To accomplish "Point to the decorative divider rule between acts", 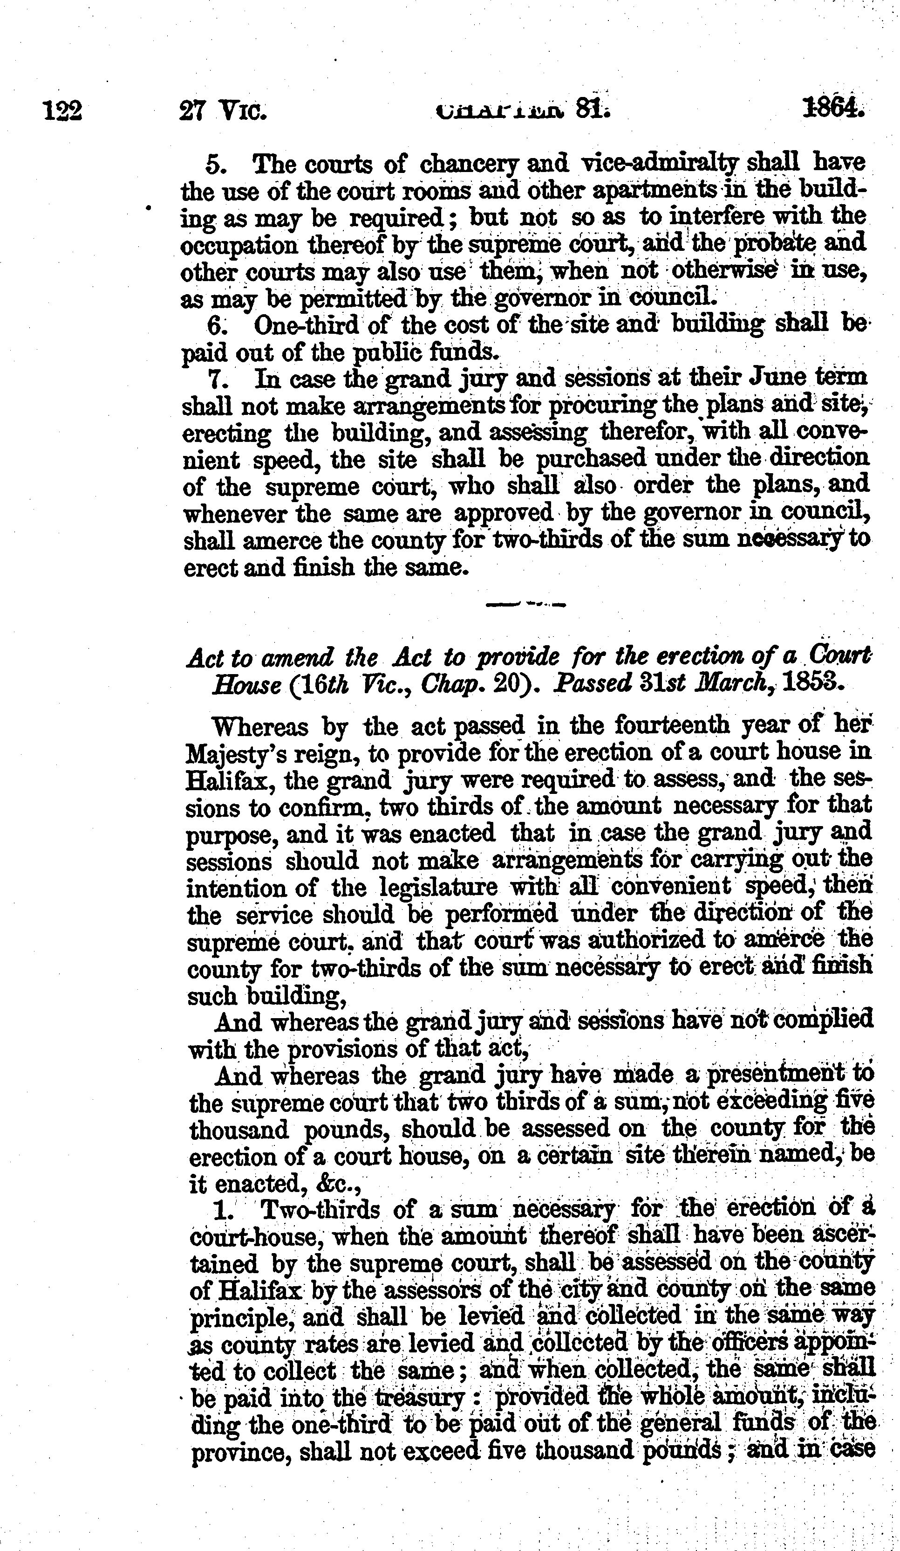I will coord(525,604).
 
